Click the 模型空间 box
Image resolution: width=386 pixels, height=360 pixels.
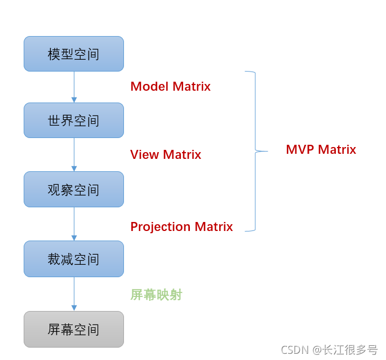point(74,54)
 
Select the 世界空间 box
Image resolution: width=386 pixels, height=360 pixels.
point(74,121)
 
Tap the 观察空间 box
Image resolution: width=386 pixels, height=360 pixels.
point(74,189)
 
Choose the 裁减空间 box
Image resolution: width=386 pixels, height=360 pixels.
point(74,259)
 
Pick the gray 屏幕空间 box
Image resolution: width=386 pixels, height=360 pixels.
point(74,329)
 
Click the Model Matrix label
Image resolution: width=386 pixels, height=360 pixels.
point(170,87)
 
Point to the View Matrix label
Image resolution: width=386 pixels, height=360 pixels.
point(166,155)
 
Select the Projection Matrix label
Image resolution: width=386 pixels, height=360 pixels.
point(181,227)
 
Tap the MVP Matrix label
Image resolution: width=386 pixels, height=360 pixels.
point(321,150)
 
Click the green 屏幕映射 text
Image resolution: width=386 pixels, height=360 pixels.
point(156,295)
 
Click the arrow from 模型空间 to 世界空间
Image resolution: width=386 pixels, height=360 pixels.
point(74,87)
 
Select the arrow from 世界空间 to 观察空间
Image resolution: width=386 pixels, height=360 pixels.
point(74,155)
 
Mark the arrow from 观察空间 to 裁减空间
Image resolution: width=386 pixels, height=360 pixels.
point(74,224)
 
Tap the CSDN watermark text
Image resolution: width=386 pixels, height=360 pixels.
point(329,350)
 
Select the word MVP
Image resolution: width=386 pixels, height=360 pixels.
point(300,150)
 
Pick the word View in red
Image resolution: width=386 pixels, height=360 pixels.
point(145,155)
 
